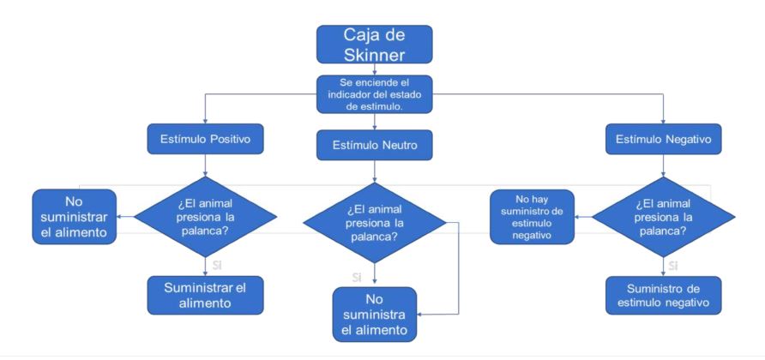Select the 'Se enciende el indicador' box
tap(374, 93)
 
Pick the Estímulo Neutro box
tap(374, 146)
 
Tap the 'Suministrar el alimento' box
tap(205, 293)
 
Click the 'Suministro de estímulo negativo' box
tap(661, 293)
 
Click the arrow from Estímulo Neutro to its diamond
tap(374, 171)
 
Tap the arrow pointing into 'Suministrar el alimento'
tap(205, 265)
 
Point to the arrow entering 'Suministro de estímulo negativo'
tap(661, 265)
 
